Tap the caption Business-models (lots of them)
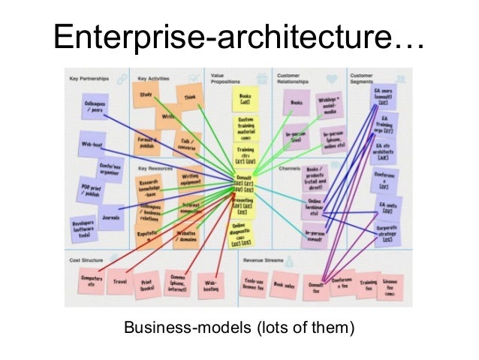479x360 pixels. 239,328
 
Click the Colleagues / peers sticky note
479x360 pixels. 94,106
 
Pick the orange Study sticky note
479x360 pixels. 146,95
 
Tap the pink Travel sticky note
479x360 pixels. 121,281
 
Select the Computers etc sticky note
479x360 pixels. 92,281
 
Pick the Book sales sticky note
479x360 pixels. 285,285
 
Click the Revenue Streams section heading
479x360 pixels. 263,260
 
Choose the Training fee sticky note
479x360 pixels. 368,284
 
